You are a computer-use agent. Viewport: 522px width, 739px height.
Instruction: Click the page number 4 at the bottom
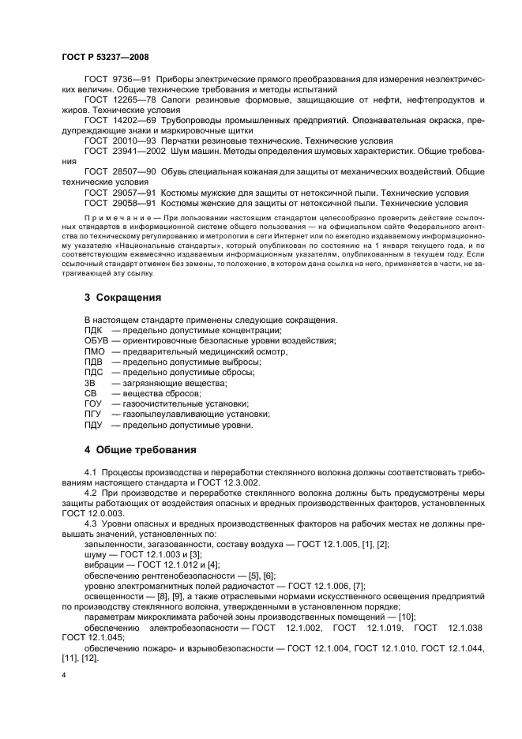point(64,676)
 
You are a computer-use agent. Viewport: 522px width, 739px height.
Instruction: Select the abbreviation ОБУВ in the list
point(97,340)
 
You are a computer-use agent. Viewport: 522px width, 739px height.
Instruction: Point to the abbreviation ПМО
point(95,351)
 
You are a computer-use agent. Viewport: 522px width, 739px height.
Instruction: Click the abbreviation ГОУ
point(93,403)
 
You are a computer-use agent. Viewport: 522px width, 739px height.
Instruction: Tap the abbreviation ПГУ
point(93,414)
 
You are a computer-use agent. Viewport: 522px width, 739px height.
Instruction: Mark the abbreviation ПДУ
point(94,425)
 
